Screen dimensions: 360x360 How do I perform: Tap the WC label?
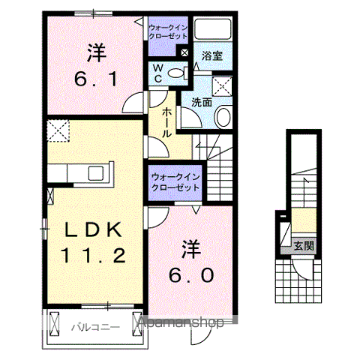click(x=160, y=73)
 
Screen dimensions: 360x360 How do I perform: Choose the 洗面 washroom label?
click(x=200, y=102)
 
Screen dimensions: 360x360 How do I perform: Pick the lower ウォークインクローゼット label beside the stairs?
click(x=175, y=182)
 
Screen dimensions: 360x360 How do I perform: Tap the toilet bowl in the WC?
click(x=177, y=73)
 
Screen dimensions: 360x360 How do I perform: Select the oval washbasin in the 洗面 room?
click(x=223, y=117)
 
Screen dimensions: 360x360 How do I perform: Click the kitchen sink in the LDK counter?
click(x=97, y=172)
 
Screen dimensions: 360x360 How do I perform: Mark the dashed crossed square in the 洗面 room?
click(x=223, y=84)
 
